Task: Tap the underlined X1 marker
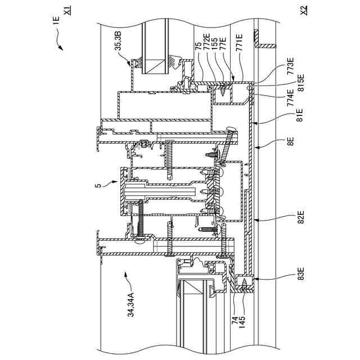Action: [x=67, y=11]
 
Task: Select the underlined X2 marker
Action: [x=304, y=10]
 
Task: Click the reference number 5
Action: [x=98, y=185]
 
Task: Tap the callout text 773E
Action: [x=290, y=66]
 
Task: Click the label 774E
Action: [x=290, y=97]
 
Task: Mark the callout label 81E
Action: [x=299, y=115]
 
